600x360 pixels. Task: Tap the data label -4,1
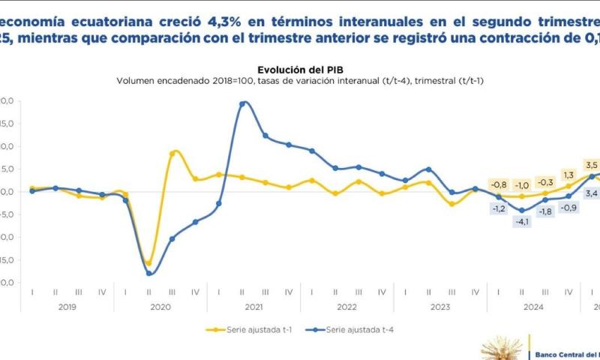tap(521, 222)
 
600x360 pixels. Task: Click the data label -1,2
tap(498, 208)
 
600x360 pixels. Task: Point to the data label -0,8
tap(498, 184)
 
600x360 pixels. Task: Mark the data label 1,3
tap(568, 175)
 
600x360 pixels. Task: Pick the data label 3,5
tap(591, 165)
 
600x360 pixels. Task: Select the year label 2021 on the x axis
tap(253, 307)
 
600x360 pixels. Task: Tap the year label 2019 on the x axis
tap(67, 307)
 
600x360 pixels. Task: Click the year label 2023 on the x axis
tap(439, 307)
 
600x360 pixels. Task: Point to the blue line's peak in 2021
tap(243, 103)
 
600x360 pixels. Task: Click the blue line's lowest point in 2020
tap(149, 274)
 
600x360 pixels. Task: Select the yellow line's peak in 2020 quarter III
tap(173, 152)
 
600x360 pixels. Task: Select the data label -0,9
tap(568, 207)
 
